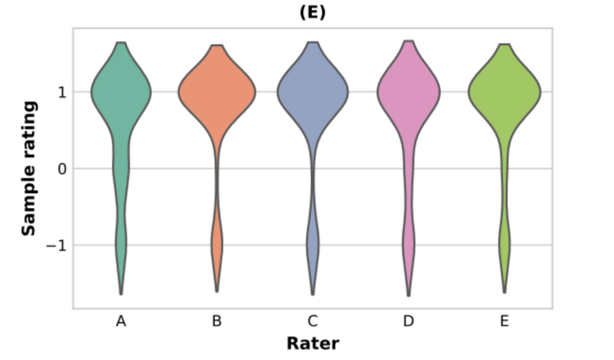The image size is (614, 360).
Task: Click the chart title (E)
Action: tap(312, 13)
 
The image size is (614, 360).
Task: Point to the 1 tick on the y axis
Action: tap(62, 92)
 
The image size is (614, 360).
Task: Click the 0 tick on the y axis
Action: tap(62, 169)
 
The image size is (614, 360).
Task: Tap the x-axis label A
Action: tap(121, 322)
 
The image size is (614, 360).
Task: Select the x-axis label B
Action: tap(217, 322)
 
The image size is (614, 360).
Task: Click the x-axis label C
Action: tap(313, 322)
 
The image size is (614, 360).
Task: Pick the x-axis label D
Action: tap(408, 322)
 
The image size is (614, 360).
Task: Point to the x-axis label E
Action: tap(504, 322)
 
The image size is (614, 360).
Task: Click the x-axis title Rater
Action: tap(313, 344)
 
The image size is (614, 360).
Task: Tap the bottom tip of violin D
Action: tap(409, 295)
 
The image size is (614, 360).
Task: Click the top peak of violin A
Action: tap(121, 43)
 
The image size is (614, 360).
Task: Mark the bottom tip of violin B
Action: tap(217, 292)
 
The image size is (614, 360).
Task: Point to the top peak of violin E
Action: tap(505, 44)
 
